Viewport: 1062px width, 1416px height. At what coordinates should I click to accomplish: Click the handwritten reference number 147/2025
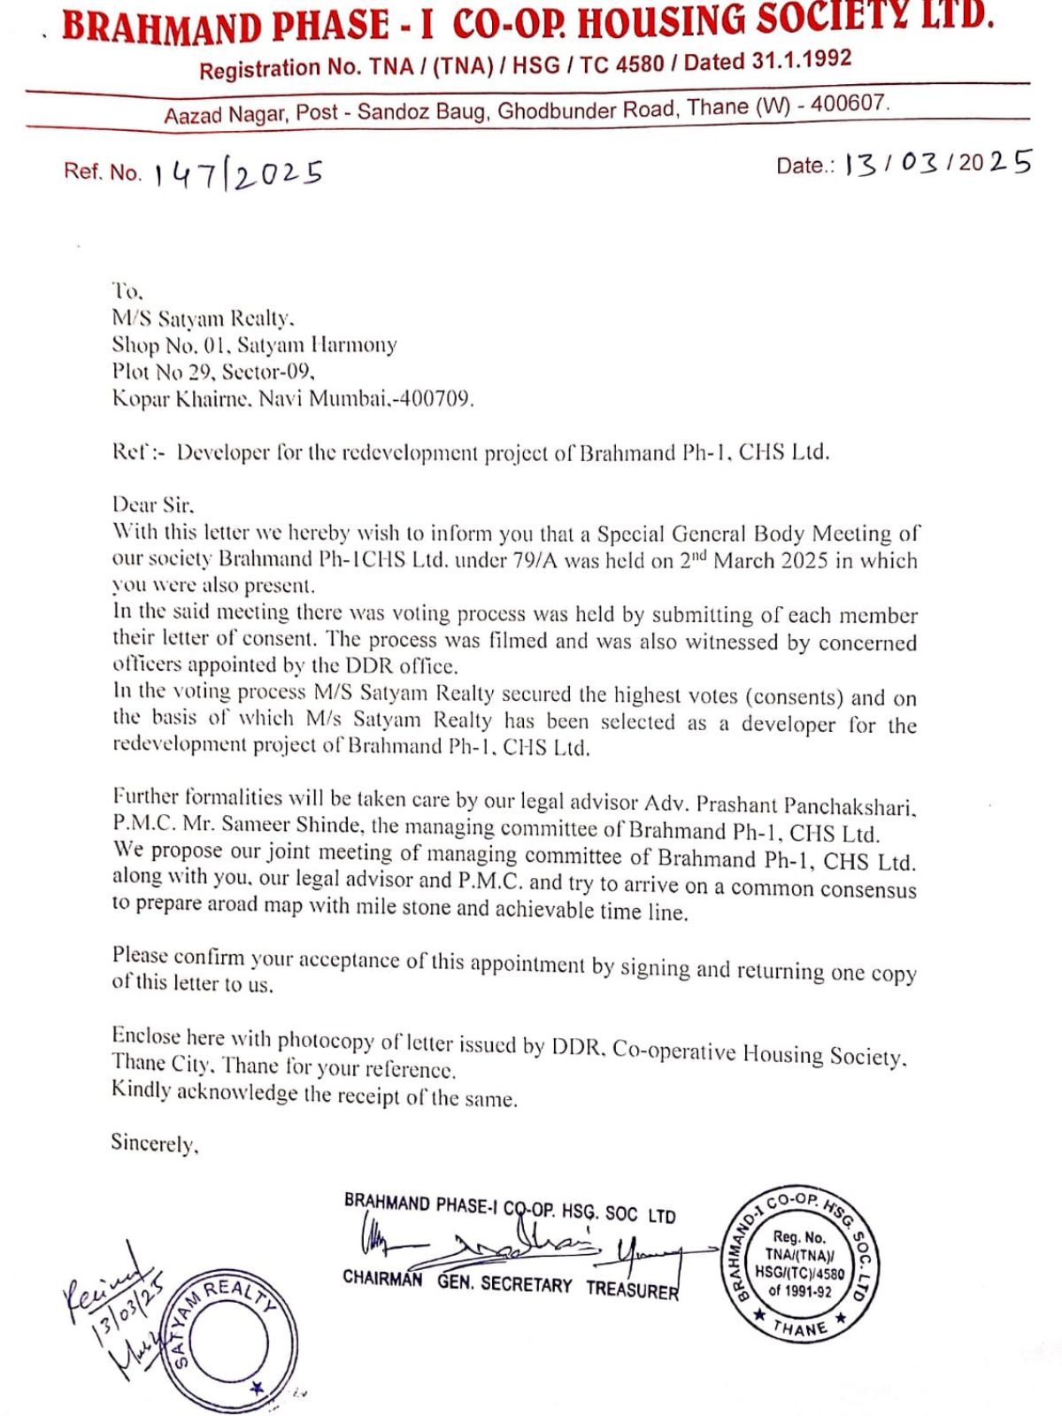[237, 173]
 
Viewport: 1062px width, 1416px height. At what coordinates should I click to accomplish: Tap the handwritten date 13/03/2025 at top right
[938, 164]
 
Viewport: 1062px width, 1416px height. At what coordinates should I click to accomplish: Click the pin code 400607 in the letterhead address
[849, 104]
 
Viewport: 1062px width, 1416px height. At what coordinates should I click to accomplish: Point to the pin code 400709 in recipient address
[435, 398]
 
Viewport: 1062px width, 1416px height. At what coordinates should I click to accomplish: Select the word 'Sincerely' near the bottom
[154, 1143]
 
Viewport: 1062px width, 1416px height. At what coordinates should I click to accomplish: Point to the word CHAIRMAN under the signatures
[382, 1279]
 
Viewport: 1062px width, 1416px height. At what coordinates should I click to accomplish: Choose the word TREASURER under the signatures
[632, 1289]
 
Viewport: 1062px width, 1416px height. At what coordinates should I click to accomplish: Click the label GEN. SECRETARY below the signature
[504, 1283]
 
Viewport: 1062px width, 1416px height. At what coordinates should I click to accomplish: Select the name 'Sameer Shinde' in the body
[292, 825]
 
